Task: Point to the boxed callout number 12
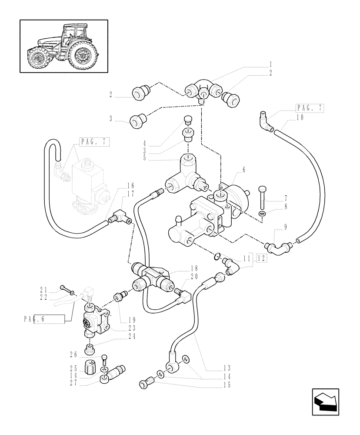[x=262, y=258]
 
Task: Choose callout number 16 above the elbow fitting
[x=118, y=185]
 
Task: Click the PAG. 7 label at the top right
[x=309, y=107]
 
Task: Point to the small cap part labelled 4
[x=188, y=119]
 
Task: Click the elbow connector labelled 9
[x=277, y=248]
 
